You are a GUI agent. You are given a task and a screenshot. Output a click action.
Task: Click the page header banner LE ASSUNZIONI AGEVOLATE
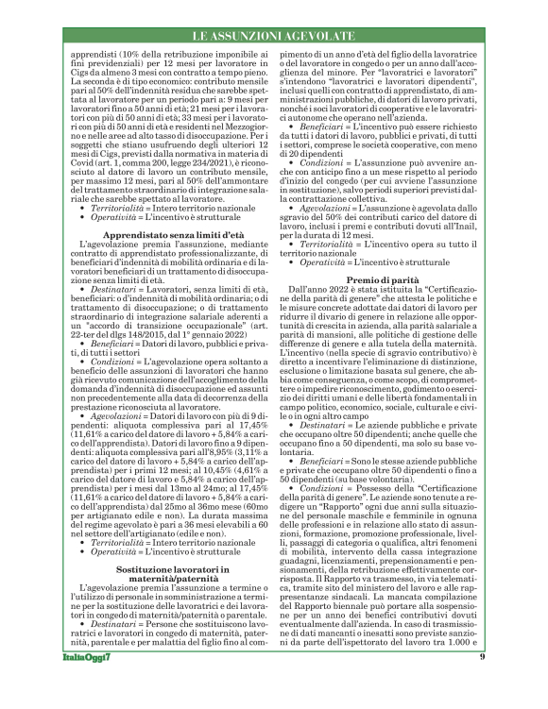273,36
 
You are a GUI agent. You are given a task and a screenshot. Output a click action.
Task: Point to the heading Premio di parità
383,282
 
